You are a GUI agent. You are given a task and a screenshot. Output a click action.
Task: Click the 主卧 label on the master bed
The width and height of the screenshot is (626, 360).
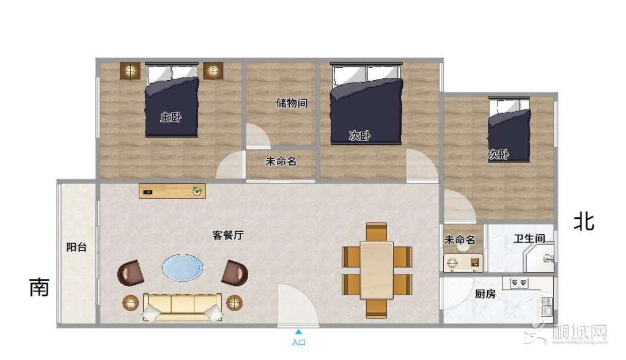171,117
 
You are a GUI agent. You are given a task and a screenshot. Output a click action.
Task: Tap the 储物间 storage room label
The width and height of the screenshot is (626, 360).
292,103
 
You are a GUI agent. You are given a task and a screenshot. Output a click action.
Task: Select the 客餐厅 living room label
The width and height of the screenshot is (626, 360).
228,235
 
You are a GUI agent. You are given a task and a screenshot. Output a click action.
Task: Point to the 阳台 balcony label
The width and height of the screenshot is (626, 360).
76,247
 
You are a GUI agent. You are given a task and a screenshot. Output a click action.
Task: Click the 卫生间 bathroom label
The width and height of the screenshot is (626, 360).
529,238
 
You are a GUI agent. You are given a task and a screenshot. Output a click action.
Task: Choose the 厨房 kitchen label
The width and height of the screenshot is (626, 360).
485,294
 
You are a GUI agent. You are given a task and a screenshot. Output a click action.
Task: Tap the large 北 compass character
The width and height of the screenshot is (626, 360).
584,221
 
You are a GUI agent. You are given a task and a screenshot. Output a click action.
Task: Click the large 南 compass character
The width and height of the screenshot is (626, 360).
40,287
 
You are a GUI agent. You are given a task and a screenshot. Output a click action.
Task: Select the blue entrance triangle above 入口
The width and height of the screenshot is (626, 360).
298,331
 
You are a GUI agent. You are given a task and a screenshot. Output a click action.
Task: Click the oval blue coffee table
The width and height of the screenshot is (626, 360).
182,268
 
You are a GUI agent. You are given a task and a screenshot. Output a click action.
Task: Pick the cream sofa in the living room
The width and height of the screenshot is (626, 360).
182,307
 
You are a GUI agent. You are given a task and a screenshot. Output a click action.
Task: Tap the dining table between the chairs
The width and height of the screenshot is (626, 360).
377,270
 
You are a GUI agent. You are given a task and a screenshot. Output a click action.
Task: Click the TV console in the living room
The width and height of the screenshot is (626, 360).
172,191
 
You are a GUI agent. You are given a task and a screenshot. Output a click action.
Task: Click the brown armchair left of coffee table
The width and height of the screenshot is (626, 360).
131,273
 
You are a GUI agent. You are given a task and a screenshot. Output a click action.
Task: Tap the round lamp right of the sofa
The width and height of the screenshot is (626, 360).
234,303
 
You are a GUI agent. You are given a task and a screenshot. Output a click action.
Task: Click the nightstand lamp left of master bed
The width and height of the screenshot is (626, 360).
130,71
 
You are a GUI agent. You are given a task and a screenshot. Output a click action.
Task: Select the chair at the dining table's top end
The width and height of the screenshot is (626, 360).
377,232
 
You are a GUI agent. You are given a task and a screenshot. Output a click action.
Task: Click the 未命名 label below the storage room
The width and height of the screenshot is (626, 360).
281,161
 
